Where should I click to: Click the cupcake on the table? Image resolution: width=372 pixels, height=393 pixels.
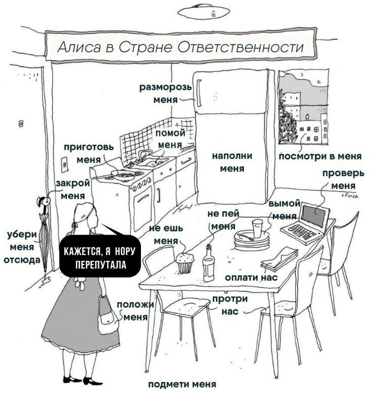(185, 263)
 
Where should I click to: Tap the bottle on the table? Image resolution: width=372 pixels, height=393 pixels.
(208, 265)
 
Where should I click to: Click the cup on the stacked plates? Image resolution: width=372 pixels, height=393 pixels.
(258, 228)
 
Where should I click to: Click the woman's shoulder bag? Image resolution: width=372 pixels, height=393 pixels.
(108, 317)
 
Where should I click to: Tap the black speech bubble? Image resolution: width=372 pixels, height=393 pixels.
(99, 257)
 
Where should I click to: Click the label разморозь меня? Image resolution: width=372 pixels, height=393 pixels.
(165, 93)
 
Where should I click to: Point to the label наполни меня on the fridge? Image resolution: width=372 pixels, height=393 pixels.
(231, 162)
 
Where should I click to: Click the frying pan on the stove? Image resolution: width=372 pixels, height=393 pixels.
(123, 174)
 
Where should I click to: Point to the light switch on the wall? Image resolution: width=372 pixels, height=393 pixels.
(64, 163)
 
